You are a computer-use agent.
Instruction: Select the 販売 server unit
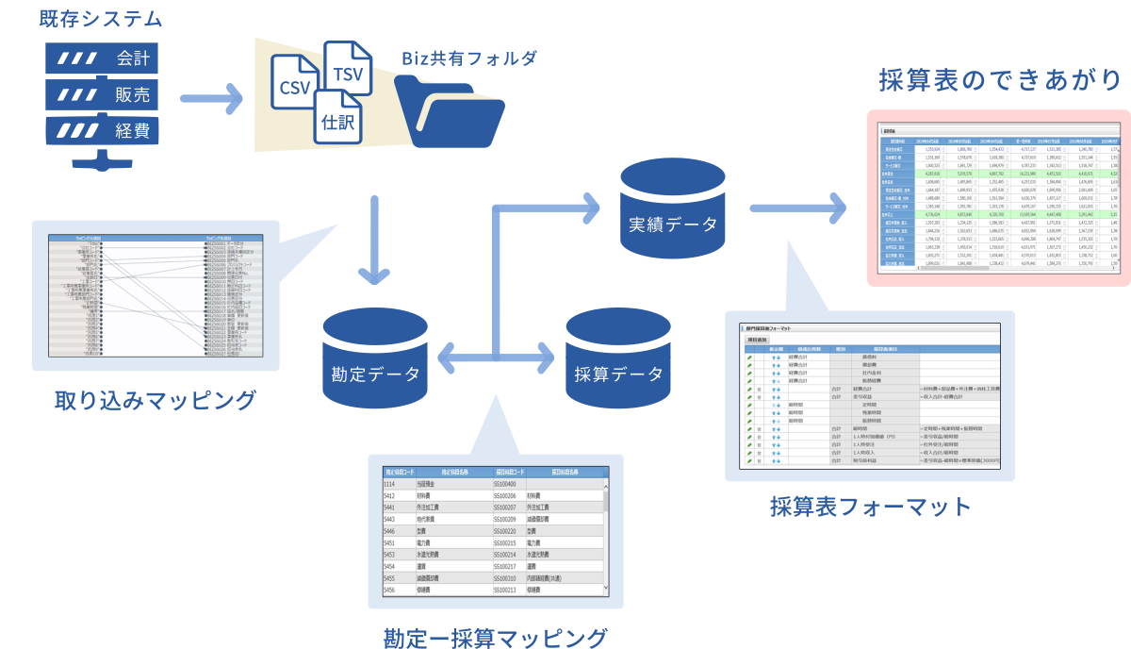(x=101, y=95)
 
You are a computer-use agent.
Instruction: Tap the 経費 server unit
(x=101, y=131)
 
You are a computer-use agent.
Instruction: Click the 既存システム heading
(x=101, y=19)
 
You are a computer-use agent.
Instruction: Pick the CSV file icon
(x=295, y=87)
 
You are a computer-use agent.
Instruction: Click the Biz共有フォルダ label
(x=468, y=58)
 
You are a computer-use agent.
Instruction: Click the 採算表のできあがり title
(x=1000, y=80)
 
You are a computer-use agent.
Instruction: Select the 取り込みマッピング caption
(x=156, y=400)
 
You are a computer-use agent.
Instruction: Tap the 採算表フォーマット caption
(x=870, y=507)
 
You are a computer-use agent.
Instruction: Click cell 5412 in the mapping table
(x=389, y=495)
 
